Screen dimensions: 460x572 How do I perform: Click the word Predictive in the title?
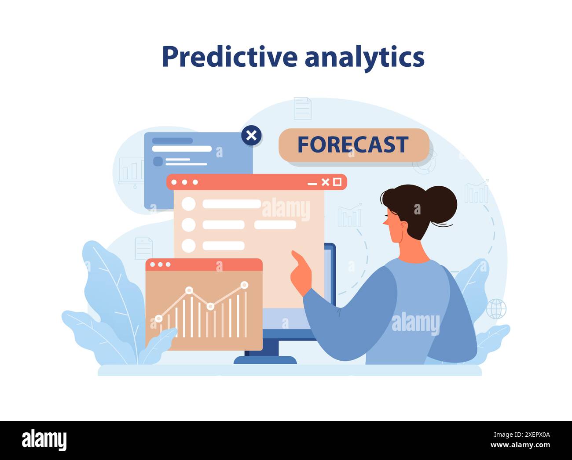point(229,57)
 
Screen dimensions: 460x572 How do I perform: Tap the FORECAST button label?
point(353,145)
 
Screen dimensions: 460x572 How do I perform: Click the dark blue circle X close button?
point(251,135)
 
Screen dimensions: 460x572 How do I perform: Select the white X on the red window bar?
point(325,182)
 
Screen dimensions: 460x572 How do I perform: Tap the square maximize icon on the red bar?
point(337,182)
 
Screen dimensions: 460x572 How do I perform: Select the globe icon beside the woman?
point(496,308)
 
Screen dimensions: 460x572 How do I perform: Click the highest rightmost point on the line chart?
point(244,285)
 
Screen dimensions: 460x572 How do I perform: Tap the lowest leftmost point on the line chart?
point(158,319)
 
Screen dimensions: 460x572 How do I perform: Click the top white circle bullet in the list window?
point(188,204)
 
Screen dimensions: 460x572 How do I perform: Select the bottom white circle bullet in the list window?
point(188,246)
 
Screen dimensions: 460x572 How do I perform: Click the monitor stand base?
point(265,359)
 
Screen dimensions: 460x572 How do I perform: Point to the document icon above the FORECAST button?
point(302,108)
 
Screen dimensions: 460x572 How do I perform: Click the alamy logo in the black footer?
point(44,440)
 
